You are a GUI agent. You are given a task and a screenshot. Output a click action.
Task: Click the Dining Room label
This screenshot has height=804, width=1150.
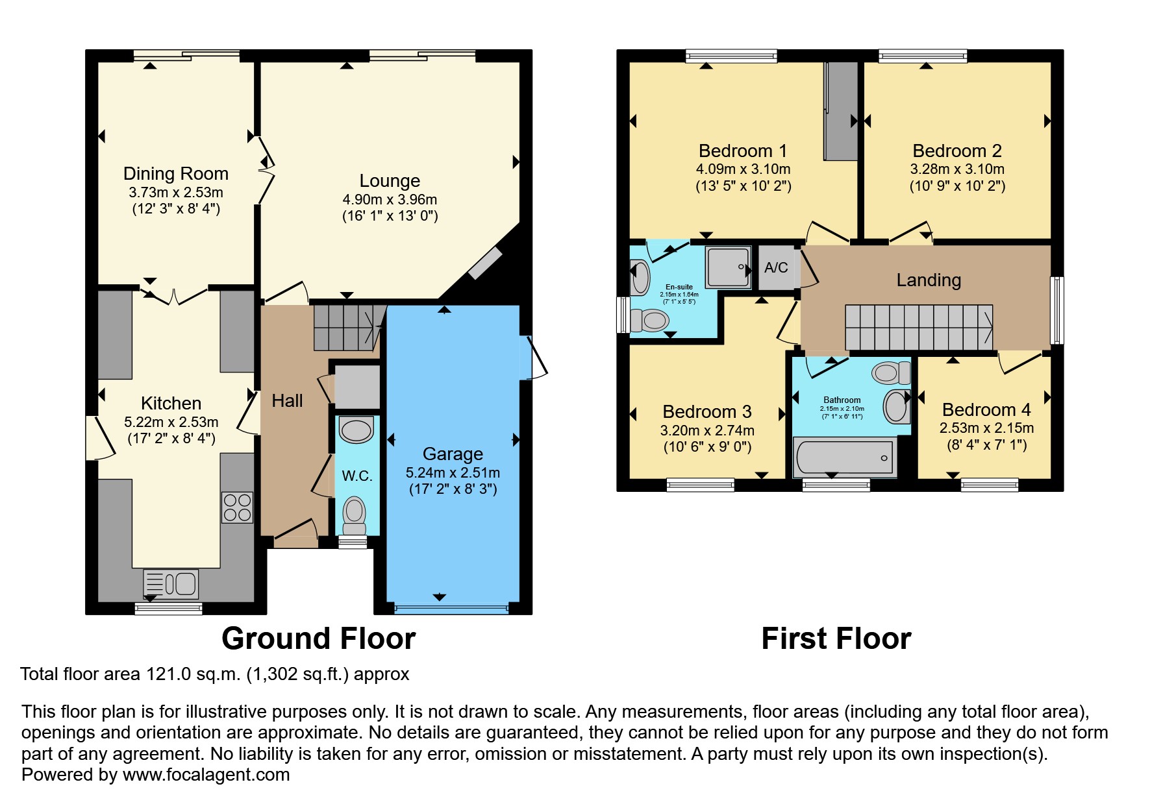coord(176,174)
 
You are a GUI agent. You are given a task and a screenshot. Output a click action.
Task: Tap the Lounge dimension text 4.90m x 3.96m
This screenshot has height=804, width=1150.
coord(390,199)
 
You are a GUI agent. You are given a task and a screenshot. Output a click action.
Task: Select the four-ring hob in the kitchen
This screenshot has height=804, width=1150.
coord(237,507)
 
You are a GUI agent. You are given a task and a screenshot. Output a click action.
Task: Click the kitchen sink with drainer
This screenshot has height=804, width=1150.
coord(171,583)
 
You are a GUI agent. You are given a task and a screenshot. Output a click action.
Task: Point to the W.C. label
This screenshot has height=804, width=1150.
coord(357,476)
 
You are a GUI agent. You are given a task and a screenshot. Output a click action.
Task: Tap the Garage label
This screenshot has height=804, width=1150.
coord(453,454)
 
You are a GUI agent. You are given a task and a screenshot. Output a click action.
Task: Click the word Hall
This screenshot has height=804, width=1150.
coord(287,401)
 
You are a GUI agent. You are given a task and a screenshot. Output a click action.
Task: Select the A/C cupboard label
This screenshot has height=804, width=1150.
coord(776,267)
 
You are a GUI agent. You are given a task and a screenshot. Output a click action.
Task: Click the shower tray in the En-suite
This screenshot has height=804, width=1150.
coord(729,266)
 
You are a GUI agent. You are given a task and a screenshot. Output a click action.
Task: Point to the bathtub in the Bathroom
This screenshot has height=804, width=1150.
coord(844,457)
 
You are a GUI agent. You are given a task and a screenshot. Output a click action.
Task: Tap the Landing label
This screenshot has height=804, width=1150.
coord(929,280)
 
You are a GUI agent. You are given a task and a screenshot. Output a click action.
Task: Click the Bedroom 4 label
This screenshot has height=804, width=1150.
coord(986,410)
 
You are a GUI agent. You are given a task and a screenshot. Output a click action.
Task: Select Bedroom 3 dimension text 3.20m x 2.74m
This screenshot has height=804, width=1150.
coord(707,430)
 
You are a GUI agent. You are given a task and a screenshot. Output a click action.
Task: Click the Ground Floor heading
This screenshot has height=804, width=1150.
coord(319,639)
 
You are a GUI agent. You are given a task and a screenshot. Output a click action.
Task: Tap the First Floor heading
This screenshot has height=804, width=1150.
coord(836,639)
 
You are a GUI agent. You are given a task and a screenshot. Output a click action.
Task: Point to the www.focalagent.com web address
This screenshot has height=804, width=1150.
coord(206,775)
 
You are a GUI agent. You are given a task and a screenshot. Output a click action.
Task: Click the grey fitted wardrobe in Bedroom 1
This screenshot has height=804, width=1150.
coord(841,111)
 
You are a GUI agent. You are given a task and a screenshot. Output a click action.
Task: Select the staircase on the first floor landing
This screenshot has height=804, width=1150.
coord(919,327)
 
